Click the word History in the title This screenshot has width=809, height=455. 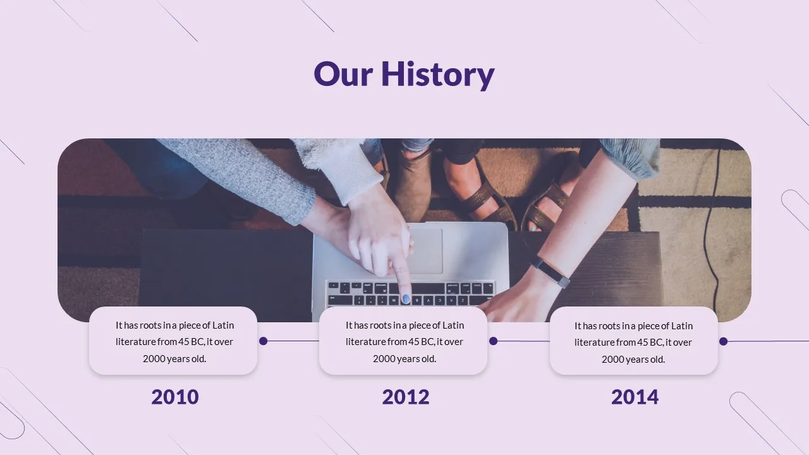438,75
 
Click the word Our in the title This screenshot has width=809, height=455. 343,75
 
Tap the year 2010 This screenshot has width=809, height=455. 175,397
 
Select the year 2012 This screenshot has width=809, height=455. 406,397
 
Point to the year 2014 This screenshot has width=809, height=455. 635,397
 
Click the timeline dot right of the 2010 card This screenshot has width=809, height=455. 264,341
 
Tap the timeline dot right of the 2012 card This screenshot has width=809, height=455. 494,341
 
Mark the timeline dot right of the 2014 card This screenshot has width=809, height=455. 723,341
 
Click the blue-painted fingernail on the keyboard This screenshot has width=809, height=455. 406,299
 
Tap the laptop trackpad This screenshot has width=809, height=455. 425,251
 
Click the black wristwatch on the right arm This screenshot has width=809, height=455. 550,273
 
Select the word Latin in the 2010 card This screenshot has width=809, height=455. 223,325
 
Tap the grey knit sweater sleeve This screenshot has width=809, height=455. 246,177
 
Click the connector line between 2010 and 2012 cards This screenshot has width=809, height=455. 293,341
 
